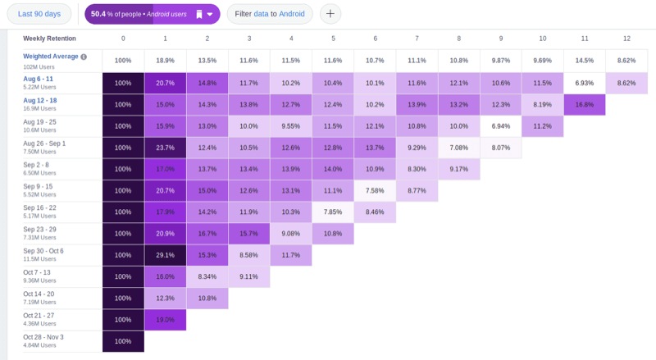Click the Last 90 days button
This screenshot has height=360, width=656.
39,14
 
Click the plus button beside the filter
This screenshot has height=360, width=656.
330,14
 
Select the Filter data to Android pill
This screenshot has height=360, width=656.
269,14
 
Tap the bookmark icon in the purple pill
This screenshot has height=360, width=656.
198,14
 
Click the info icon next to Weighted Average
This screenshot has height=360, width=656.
84,57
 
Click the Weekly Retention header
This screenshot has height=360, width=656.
50,39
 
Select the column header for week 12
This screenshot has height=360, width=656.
626,39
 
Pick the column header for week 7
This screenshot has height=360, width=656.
417,39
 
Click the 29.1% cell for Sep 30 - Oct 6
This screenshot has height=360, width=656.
165,255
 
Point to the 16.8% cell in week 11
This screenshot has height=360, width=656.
584,105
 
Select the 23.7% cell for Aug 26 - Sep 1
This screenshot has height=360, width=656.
165,148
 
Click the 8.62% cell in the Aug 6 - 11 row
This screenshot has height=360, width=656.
626,84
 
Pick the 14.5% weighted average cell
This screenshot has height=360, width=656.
584,61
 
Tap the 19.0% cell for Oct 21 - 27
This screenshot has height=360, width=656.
165,320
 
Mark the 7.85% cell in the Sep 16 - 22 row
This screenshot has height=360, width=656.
332,212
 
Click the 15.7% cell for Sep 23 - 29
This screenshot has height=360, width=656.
248,234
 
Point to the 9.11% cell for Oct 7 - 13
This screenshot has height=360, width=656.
248,276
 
